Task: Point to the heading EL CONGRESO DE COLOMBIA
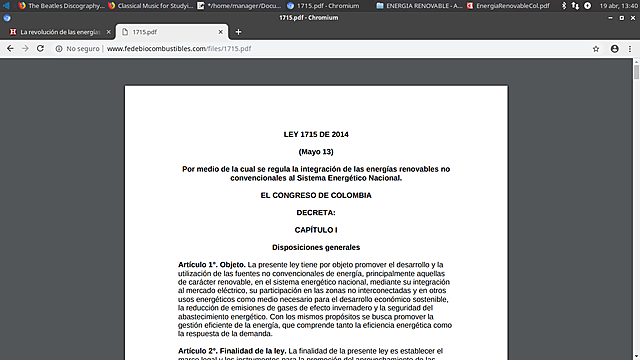pos(315,195)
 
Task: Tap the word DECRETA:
pos(315,212)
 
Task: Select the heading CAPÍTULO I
pos(315,230)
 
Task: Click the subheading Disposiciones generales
pos(315,247)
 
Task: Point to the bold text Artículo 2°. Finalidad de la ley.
pos(232,351)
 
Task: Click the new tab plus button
pos(238,31)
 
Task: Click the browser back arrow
pos(11,48)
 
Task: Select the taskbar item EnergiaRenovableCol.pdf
pos(511,6)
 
